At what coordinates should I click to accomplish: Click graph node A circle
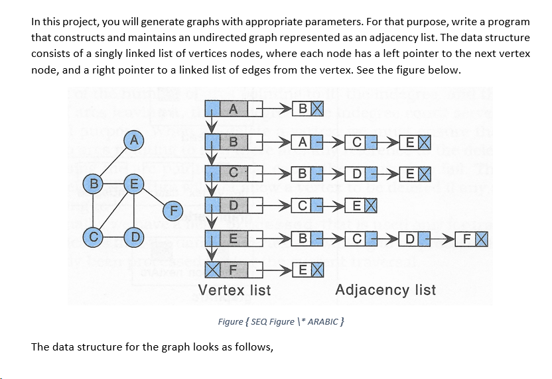[x=135, y=140]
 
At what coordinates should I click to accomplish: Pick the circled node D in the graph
[x=135, y=237]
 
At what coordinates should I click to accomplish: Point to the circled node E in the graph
[x=135, y=182]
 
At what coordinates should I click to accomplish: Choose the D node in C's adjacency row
[x=358, y=174]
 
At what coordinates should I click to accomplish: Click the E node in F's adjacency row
[x=304, y=269]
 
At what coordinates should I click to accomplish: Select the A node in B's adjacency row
[x=304, y=141]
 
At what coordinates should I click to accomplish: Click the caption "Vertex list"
[x=234, y=290]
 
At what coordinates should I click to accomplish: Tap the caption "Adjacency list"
[x=385, y=290]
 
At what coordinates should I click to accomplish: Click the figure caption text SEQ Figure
[x=279, y=321]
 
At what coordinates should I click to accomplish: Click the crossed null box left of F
[x=212, y=269]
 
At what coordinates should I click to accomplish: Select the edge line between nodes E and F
[x=155, y=197]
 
